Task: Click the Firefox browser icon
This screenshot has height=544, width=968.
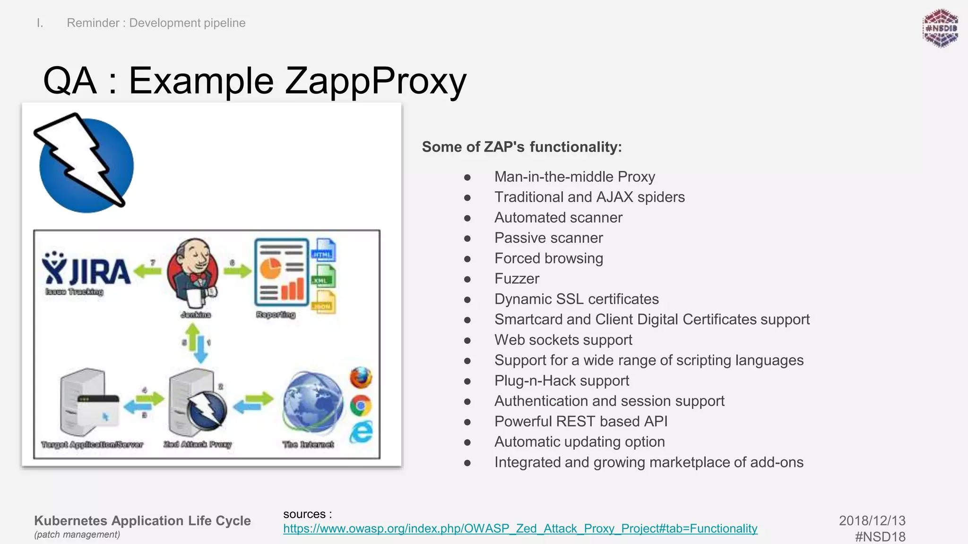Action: point(361,378)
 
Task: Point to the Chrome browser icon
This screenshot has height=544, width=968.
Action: point(361,406)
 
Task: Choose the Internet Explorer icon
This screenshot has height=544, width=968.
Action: point(362,432)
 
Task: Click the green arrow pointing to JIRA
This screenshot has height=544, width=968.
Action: point(147,271)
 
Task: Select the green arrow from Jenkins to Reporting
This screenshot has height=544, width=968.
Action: point(238,271)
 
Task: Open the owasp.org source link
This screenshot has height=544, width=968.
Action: point(520,528)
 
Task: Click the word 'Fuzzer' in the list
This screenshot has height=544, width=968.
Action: point(517,279)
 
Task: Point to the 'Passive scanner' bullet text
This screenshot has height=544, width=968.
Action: point(548,238)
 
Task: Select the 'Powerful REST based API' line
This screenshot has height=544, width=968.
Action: point(581,421)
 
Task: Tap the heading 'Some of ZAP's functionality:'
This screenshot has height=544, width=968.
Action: point(522,147)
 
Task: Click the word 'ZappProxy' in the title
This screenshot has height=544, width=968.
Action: point(376,81)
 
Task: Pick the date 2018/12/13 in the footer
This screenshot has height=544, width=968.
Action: point(872,520)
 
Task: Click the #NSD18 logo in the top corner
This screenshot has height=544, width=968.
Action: point(940,28)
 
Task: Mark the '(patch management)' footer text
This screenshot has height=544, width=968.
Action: point(77,535)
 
